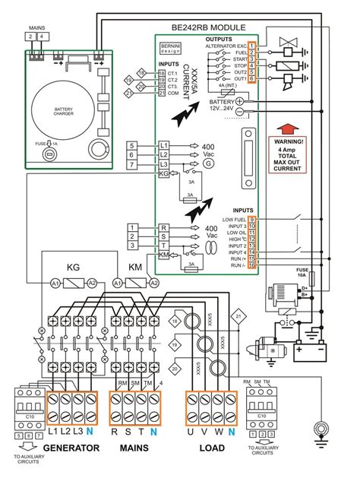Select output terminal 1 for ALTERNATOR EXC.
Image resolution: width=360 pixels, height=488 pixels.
(x=251, y=46)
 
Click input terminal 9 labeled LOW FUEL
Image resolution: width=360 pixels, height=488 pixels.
(x=251, y=220)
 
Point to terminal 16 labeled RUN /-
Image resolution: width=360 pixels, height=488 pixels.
(x=251, y=265)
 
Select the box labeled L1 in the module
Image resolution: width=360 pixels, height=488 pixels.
(x=163, y=144)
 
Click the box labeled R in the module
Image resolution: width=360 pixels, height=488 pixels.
(x=163, y=227)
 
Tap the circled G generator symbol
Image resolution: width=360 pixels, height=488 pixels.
(x=210, y=163)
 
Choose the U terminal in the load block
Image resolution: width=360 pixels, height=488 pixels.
(x=191, y=433)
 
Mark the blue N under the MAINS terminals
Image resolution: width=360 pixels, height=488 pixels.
(x=153, y=433)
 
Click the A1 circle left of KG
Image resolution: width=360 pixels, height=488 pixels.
(x=55, y=283)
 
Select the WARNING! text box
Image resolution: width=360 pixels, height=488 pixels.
(x=292, y=156)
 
